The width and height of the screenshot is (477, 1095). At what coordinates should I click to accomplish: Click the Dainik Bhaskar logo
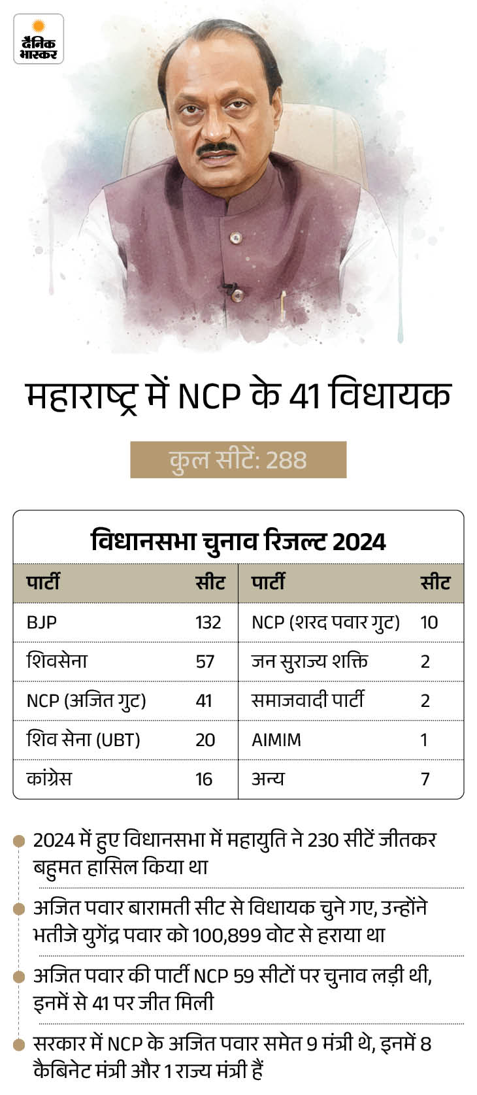39,39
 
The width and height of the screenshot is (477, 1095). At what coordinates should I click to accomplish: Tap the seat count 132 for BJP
208,622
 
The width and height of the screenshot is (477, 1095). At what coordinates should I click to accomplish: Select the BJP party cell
41,622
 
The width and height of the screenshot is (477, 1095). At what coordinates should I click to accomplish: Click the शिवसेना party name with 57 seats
57,661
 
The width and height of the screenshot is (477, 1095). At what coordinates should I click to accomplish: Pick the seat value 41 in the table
204,700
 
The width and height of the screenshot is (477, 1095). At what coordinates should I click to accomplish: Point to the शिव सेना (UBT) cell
83,740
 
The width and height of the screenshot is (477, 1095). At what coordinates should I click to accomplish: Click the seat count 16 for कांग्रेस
204,779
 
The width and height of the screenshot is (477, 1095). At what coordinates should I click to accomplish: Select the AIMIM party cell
276,740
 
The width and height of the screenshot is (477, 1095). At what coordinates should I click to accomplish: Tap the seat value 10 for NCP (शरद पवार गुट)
429,622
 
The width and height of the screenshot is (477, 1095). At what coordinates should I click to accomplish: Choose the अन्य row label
268,779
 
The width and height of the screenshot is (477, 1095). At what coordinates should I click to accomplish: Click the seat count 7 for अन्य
425,779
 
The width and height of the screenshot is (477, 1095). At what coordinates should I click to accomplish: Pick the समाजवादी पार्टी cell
308,700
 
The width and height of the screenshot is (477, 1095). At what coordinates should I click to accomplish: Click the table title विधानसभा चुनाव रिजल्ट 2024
238,542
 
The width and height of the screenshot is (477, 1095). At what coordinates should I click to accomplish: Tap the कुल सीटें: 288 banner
238,460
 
